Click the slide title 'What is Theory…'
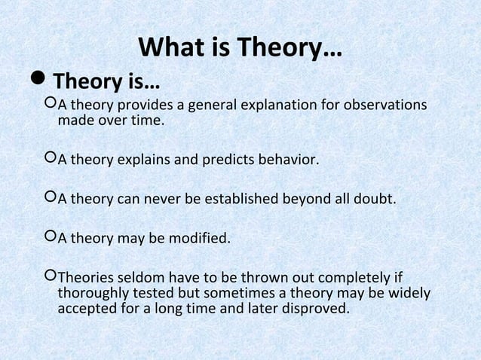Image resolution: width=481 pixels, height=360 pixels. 240,50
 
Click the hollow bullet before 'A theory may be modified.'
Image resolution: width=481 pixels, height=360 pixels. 51,239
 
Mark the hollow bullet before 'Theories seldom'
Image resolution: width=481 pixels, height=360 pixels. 51,278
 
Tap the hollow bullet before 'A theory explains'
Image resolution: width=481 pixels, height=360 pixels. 51,160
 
